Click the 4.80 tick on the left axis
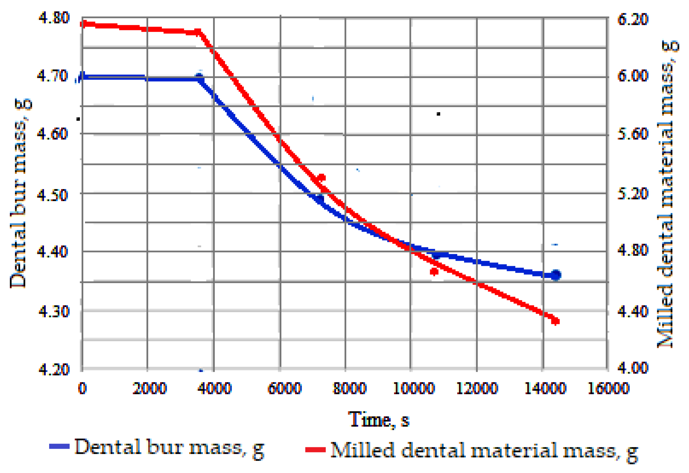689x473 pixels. tap(54, 17)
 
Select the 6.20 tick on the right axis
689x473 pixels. tap(633, 19)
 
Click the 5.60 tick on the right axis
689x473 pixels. tap(633, 134)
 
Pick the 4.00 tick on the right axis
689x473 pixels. tap(633, 368)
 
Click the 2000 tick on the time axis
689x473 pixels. tap(149, 388)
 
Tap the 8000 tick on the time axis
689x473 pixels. tap(349, 388)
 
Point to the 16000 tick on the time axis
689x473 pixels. tap(608, 388)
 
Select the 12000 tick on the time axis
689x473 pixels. tap(477, 388)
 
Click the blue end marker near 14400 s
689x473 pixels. tap(556, 275)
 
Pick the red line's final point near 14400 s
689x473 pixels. tap(556, 321)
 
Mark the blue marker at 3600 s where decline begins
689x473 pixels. tap(199, 79)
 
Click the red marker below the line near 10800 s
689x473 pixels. tap(434, 272)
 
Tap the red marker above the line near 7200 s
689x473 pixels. tap(321, 178)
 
